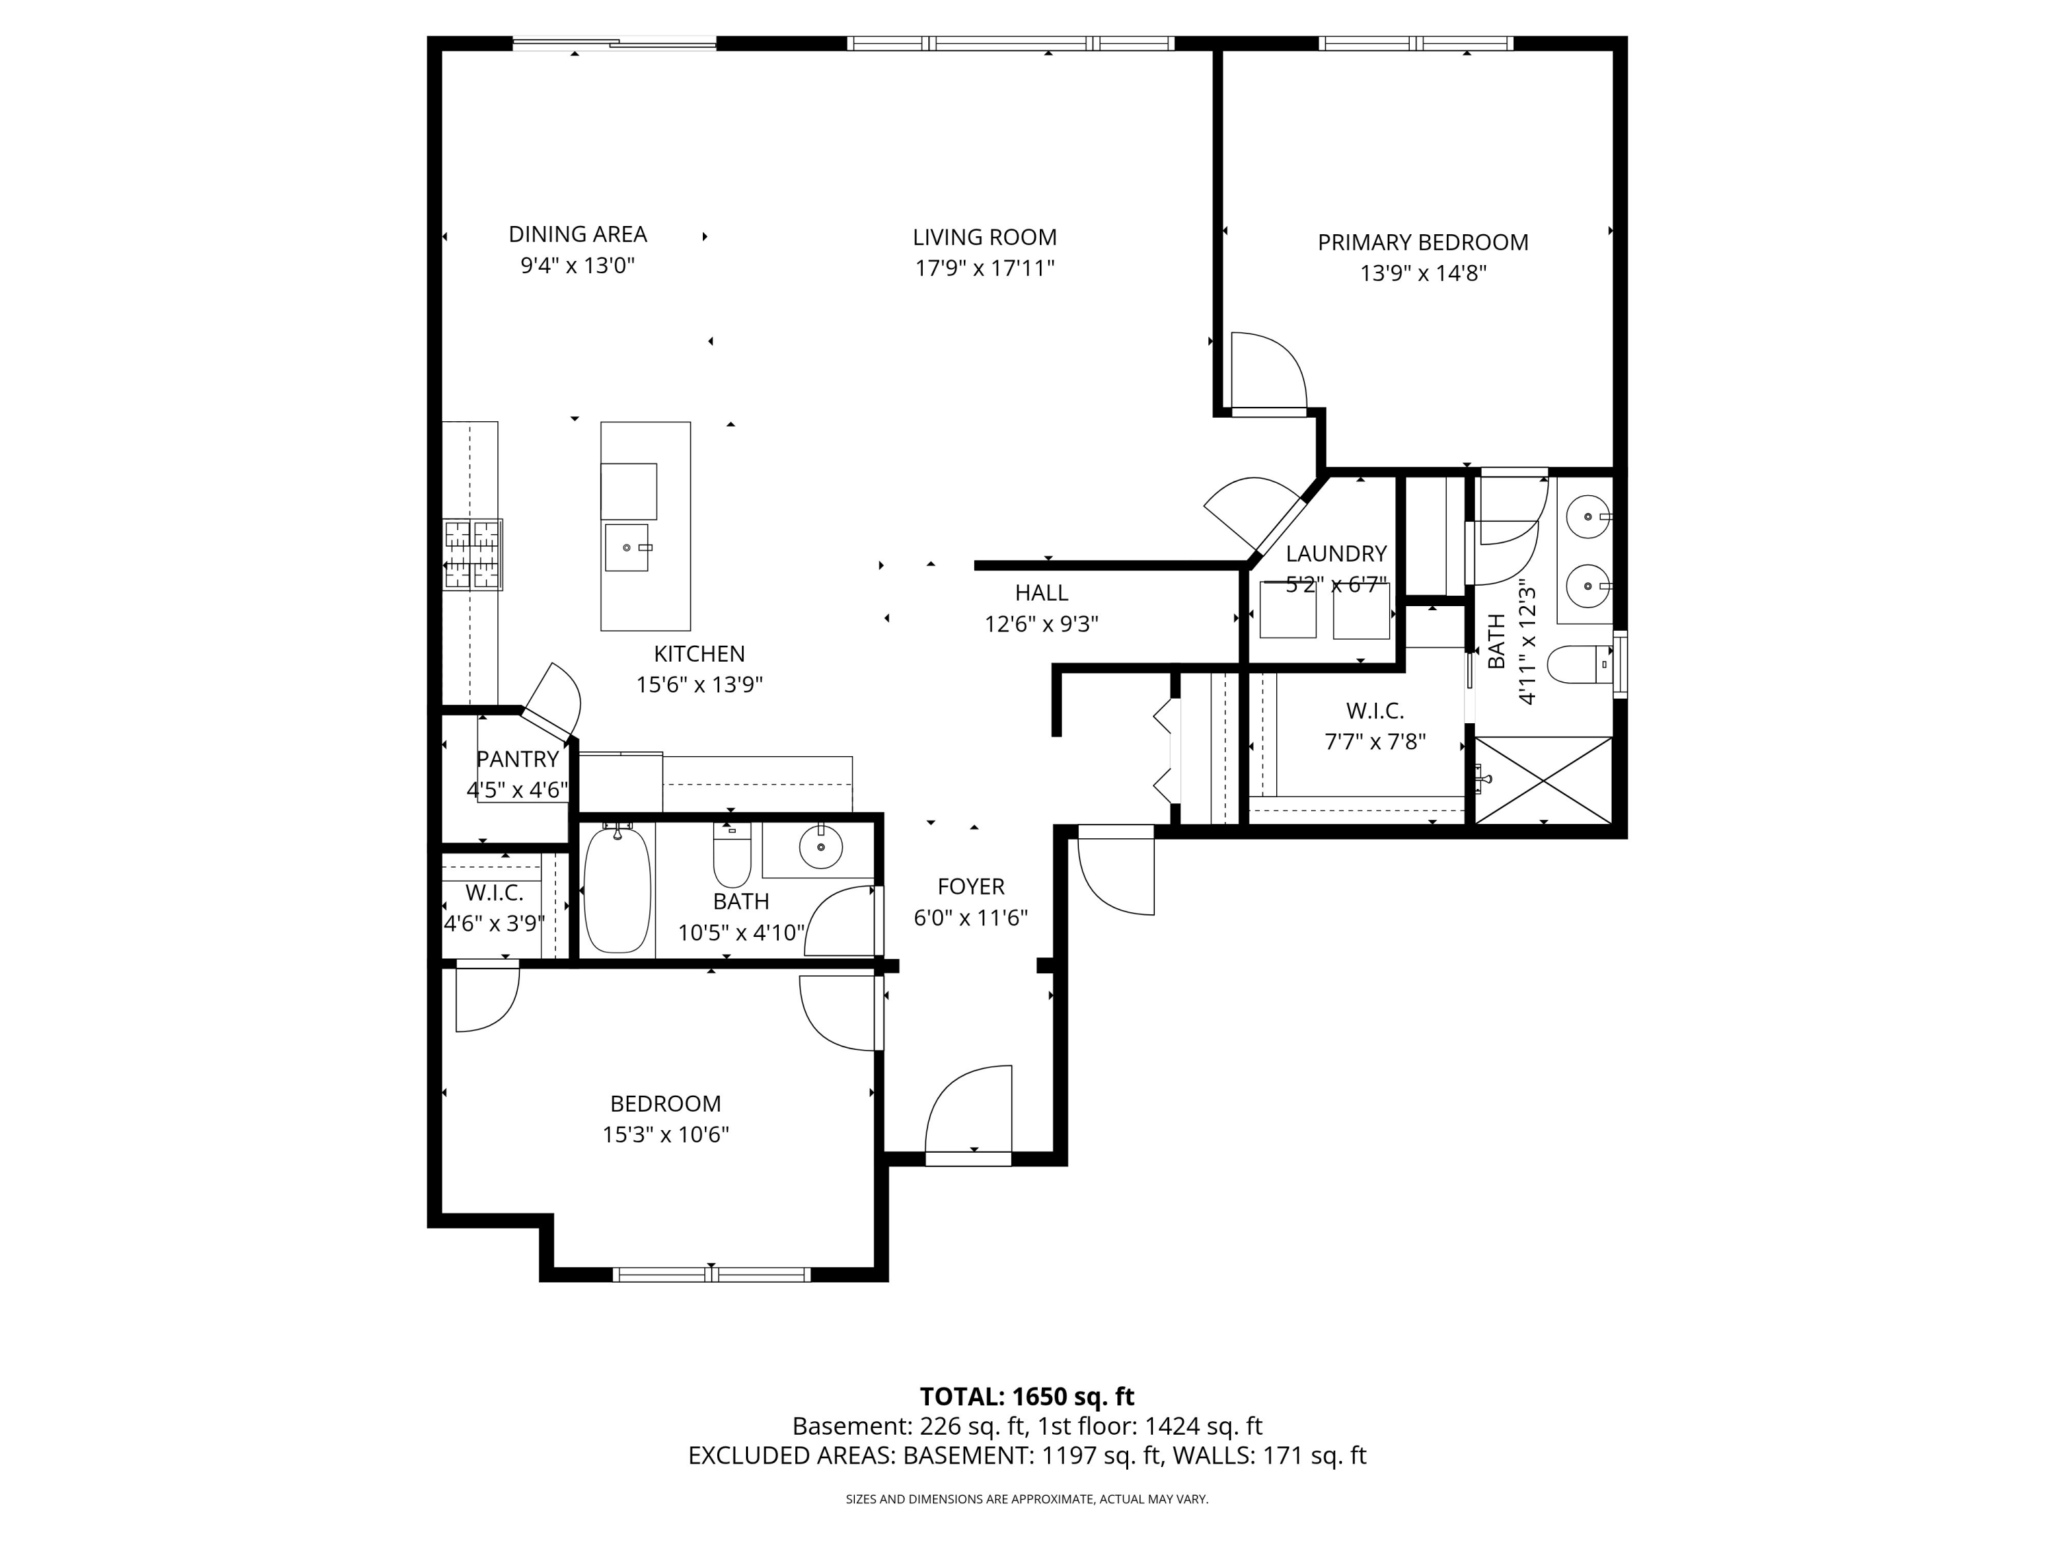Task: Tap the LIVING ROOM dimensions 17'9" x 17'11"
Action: click(x=985, y=268)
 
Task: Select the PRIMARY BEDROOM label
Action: click(x=1422, y=242)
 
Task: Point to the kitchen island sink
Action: click(x=628, y=547)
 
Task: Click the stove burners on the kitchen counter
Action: click(x=473, y=555)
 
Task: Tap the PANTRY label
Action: click(x=517, y=759)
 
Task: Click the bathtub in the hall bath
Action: click(x=617, y=888)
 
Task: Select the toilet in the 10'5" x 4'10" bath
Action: click(x=731, y=855)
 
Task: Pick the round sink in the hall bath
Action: click(x=821, y=847)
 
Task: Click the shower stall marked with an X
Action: click(x=1543, y=779)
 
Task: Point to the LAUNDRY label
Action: click(x=1336, y=553)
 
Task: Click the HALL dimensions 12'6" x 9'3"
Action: click(x=1041, y=623)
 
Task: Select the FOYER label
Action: click(x=971, y=886)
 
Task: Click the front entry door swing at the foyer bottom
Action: click(x=968, y=1114)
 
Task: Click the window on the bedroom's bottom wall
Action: click(x=711, y=1275)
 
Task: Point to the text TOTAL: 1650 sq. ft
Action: click(x=1027, y=1396)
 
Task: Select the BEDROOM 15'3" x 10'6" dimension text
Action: click(x=665, y=1134)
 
